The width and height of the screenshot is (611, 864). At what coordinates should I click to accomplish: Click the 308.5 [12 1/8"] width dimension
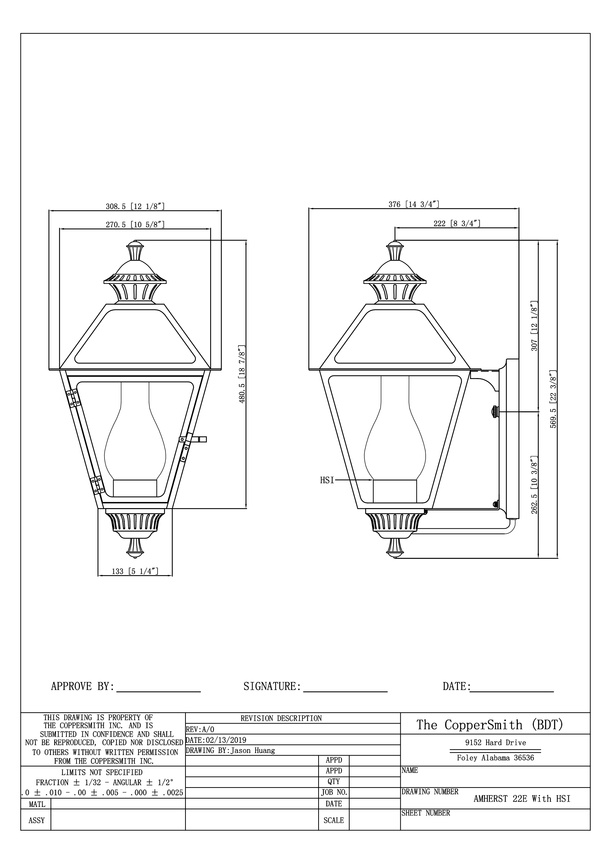click(135, 206)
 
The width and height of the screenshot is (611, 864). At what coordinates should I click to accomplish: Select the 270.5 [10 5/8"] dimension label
click(135, 225)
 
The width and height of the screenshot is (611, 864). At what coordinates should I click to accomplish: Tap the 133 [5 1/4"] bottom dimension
click(135, 571)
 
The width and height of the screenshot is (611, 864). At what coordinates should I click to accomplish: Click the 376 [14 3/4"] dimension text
click(414, 204)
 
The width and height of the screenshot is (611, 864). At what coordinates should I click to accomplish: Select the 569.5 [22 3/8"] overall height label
click(553, 399)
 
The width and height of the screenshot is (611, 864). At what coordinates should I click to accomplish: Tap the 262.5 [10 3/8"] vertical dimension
click(534, 485)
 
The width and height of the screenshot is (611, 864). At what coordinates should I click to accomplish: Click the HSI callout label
click(327, 480)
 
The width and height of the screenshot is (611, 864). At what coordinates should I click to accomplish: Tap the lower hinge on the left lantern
click(97, 485)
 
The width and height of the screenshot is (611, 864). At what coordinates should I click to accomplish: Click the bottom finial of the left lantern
click(135, 548)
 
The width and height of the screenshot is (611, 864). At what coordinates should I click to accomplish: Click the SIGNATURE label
click(272, 686)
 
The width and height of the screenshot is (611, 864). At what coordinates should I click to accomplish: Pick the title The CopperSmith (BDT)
click(489, 724)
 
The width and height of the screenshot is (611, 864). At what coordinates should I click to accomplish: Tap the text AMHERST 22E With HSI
click(522, 798)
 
